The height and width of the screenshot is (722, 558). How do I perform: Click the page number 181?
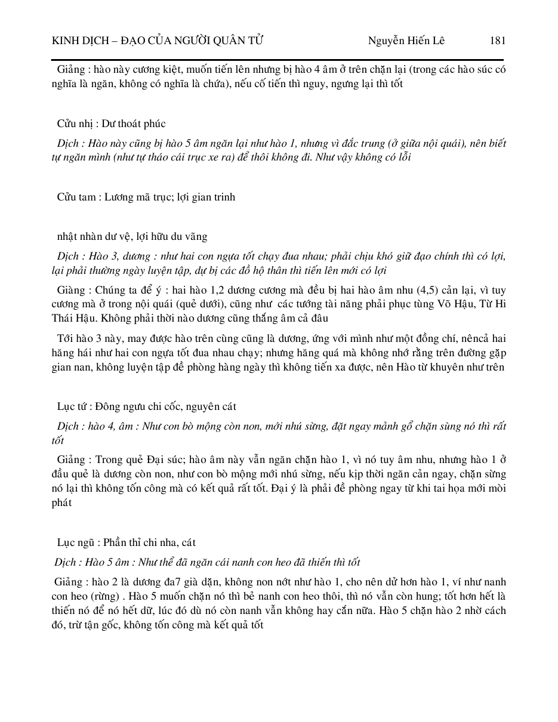497,41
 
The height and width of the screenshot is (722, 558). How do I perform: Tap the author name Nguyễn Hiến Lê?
406,41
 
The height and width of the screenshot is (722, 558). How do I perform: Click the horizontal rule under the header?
279,60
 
